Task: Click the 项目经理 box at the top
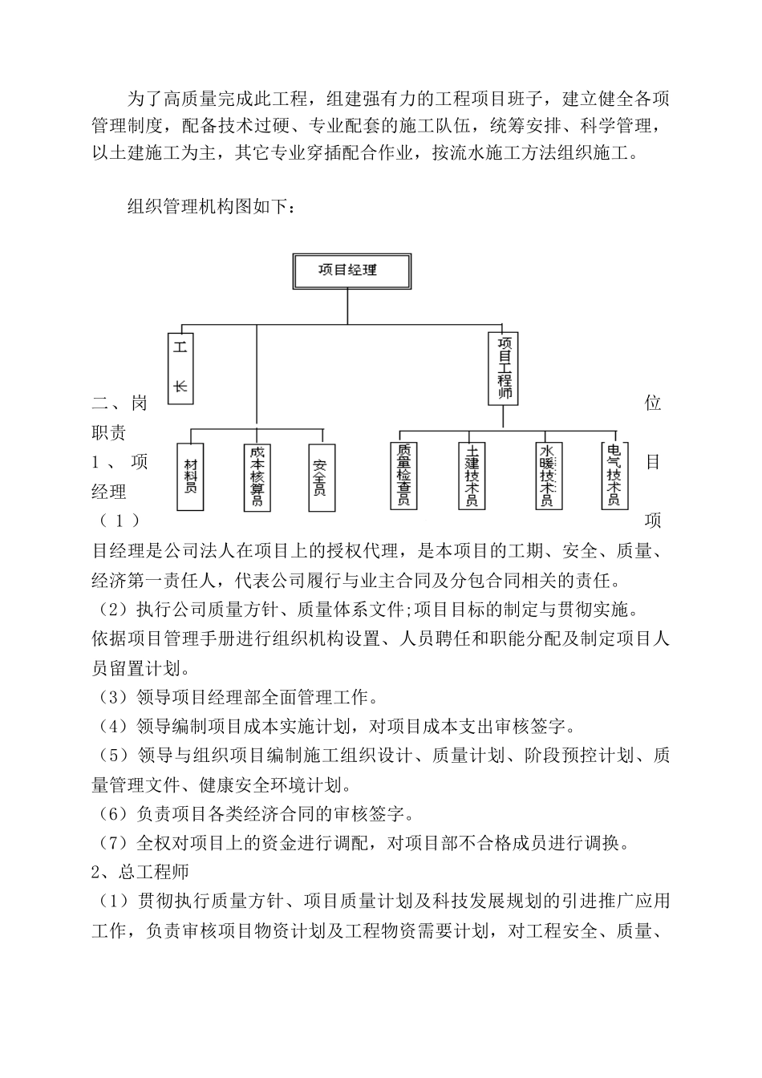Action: click(x=347, y=270)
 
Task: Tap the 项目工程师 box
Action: click(x=504, y=368)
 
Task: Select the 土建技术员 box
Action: click(x=472, y=475)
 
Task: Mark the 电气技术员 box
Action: click(x=614, y=475)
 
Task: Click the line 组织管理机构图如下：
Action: click(x=214, y=207)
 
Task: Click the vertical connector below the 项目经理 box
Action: click(x=347, y=306)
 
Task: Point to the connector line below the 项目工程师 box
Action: click(x=503, y=415)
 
